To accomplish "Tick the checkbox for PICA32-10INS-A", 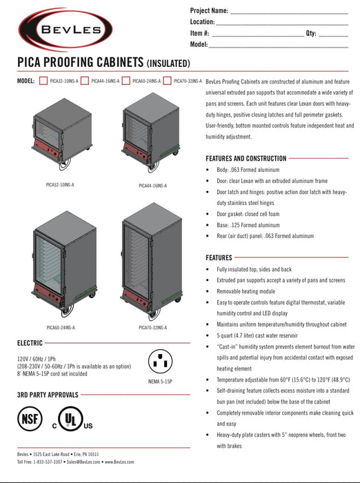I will [43, 81].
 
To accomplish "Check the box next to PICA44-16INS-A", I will [85, 81].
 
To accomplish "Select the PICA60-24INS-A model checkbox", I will [126, 81].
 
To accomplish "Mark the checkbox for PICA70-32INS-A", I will [167, 81].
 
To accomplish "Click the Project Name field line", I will [288, 12].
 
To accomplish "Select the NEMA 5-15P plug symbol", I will [161, 360].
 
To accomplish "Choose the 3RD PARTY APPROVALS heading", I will [47, 395].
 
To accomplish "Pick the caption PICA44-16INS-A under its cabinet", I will [152, 186].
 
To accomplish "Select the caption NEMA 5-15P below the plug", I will [160, 381].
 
